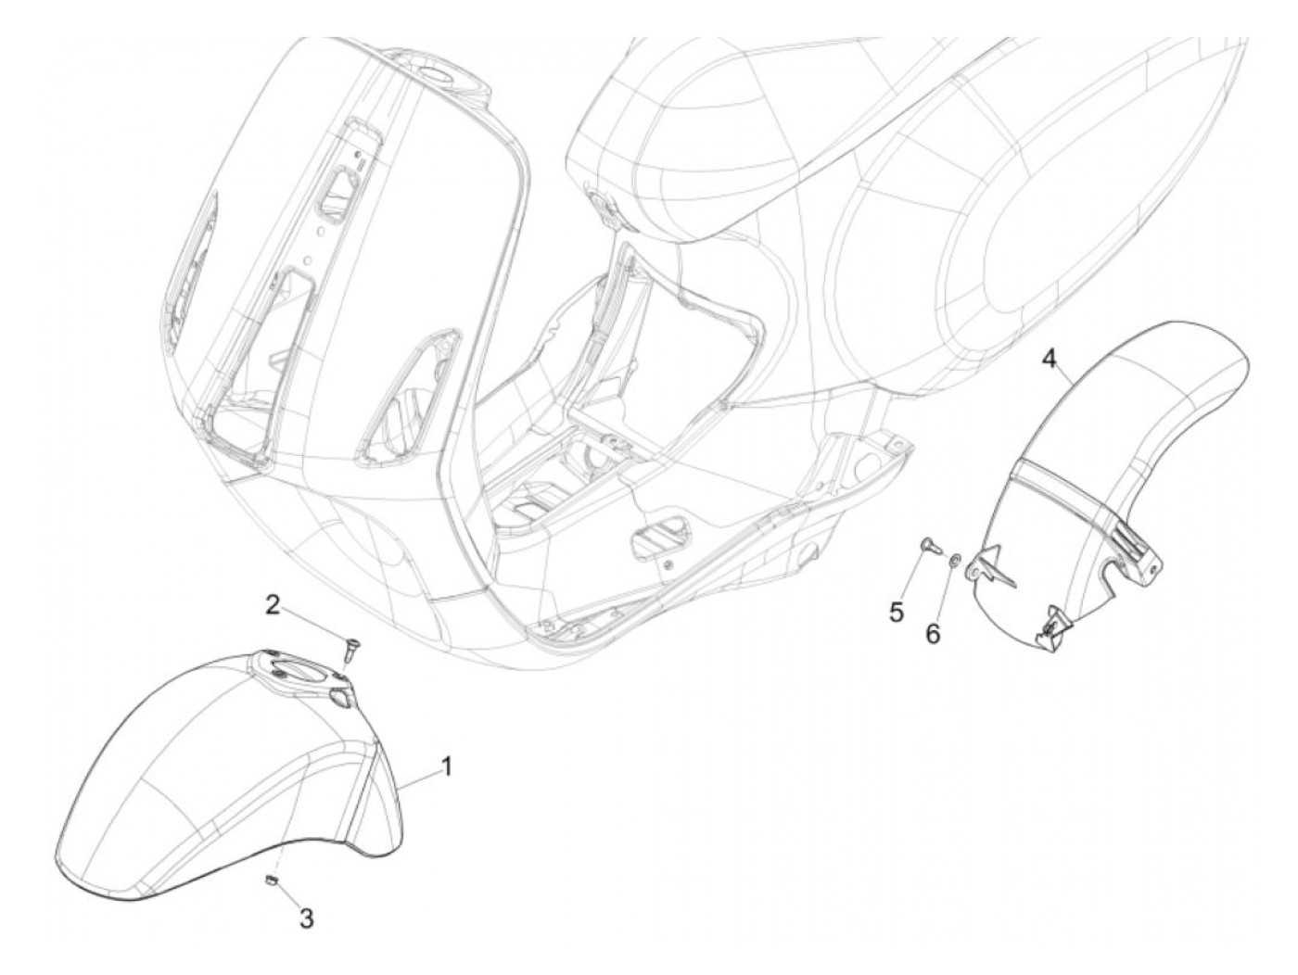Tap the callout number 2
click(273, 605)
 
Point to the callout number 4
click(1049, 358)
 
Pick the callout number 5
click(897, 612)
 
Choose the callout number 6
click(933, 633)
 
